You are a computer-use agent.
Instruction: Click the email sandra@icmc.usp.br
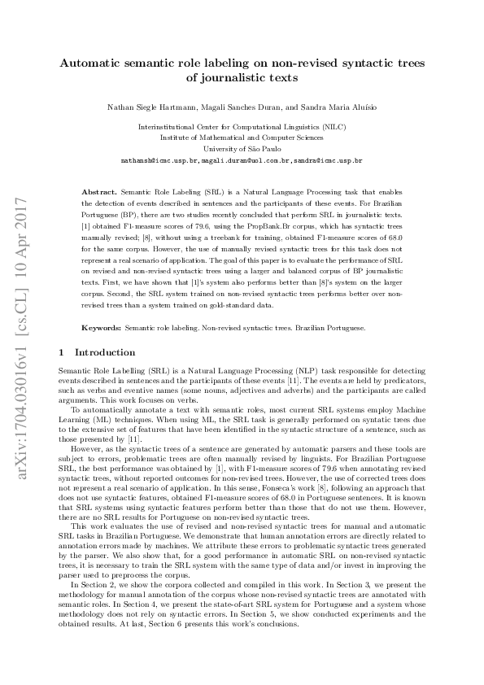[x=328, y=161]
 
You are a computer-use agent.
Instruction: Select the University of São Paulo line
[x=242, y=150]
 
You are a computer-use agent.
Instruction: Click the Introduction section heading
[x=105, y=352]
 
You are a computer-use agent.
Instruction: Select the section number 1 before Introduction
[x=62, y=352]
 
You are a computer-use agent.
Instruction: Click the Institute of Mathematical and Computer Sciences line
[x=242, y=138]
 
